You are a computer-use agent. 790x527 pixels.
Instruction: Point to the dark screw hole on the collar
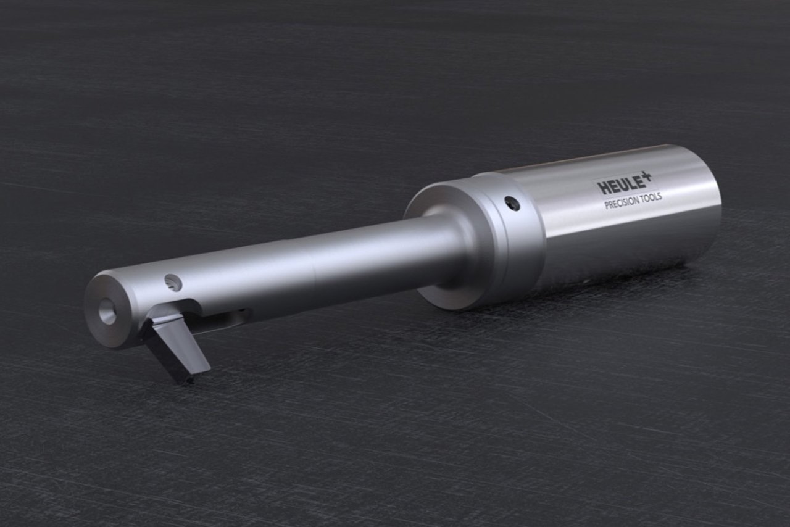tap(512, 204)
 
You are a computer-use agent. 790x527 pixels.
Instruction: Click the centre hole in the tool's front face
tap(107, 312)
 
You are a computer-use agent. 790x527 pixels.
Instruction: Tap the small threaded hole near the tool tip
tap(173, 283)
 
